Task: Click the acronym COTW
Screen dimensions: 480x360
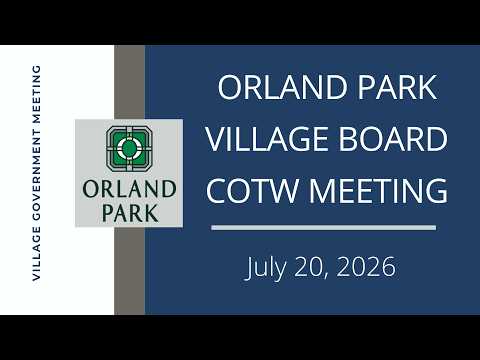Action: point(252,190)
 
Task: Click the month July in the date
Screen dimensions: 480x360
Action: point(266,268)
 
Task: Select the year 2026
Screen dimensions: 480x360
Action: point(366,267)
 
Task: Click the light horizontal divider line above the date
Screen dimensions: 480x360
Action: point(323,228)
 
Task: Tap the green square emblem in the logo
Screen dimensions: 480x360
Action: point(129,148)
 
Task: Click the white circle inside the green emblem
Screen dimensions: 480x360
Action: point(129,148)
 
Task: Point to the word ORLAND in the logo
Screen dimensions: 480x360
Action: point(129,189)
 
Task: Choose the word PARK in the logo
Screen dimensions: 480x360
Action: point(130,213)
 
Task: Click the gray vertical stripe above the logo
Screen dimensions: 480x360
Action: point(129,82)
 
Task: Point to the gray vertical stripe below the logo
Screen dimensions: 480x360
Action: point(129,271)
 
